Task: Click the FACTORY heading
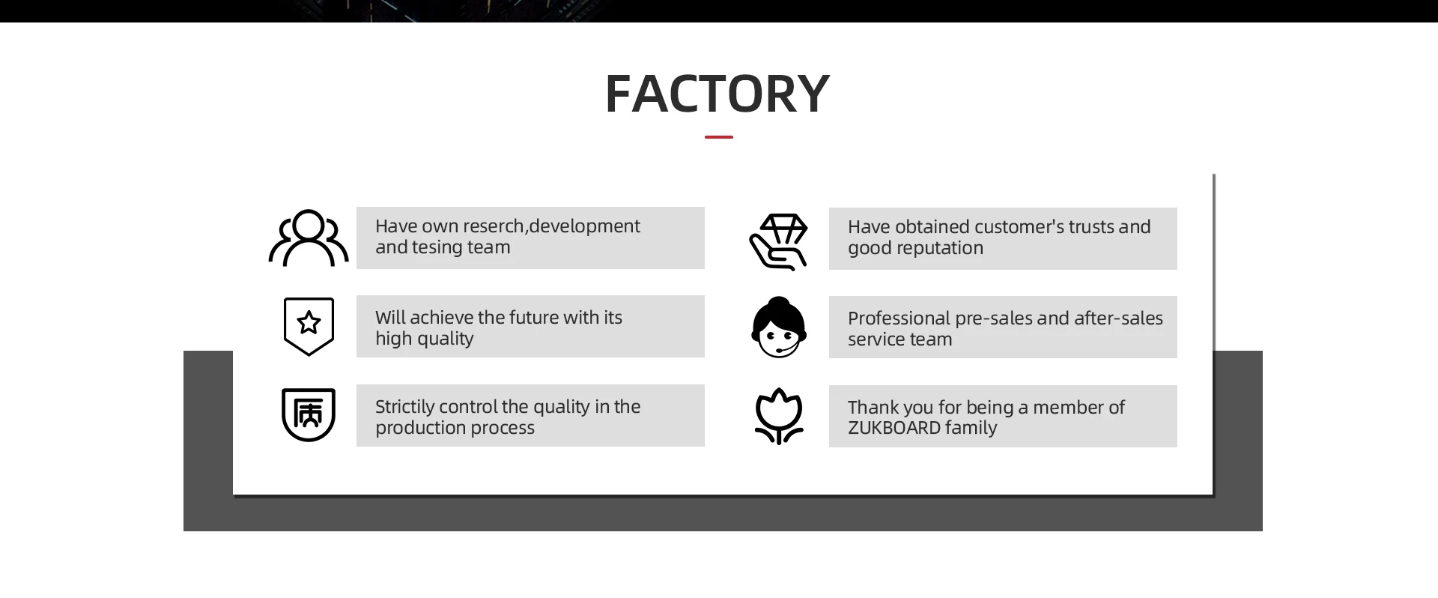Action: click(x=717, y=94)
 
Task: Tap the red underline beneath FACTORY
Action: click(x=718, y=137)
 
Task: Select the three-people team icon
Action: click(x=309, y=238)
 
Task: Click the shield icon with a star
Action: click(x=309, y=326)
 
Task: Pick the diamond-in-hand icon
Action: click(x=779, y=241)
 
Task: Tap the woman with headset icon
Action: click(x=779, y=327)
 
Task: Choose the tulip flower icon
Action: click(x=779, y=416)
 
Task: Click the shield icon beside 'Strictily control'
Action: click(x=309, y=414)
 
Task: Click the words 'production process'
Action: click(x=455, y=428)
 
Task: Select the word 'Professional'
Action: click(x=898, y=318)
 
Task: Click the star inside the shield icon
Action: click(x=309, y=323)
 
